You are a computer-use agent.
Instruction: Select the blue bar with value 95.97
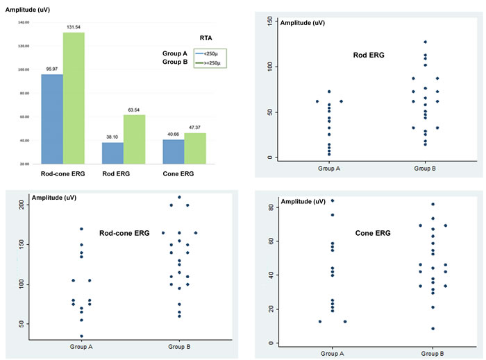tap(52, 119)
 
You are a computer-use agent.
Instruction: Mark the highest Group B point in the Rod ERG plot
tap(425, 42)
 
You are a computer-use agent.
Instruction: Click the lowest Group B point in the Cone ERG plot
tap(433, 329)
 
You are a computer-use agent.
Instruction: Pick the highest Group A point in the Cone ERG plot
tap(332, 200)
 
